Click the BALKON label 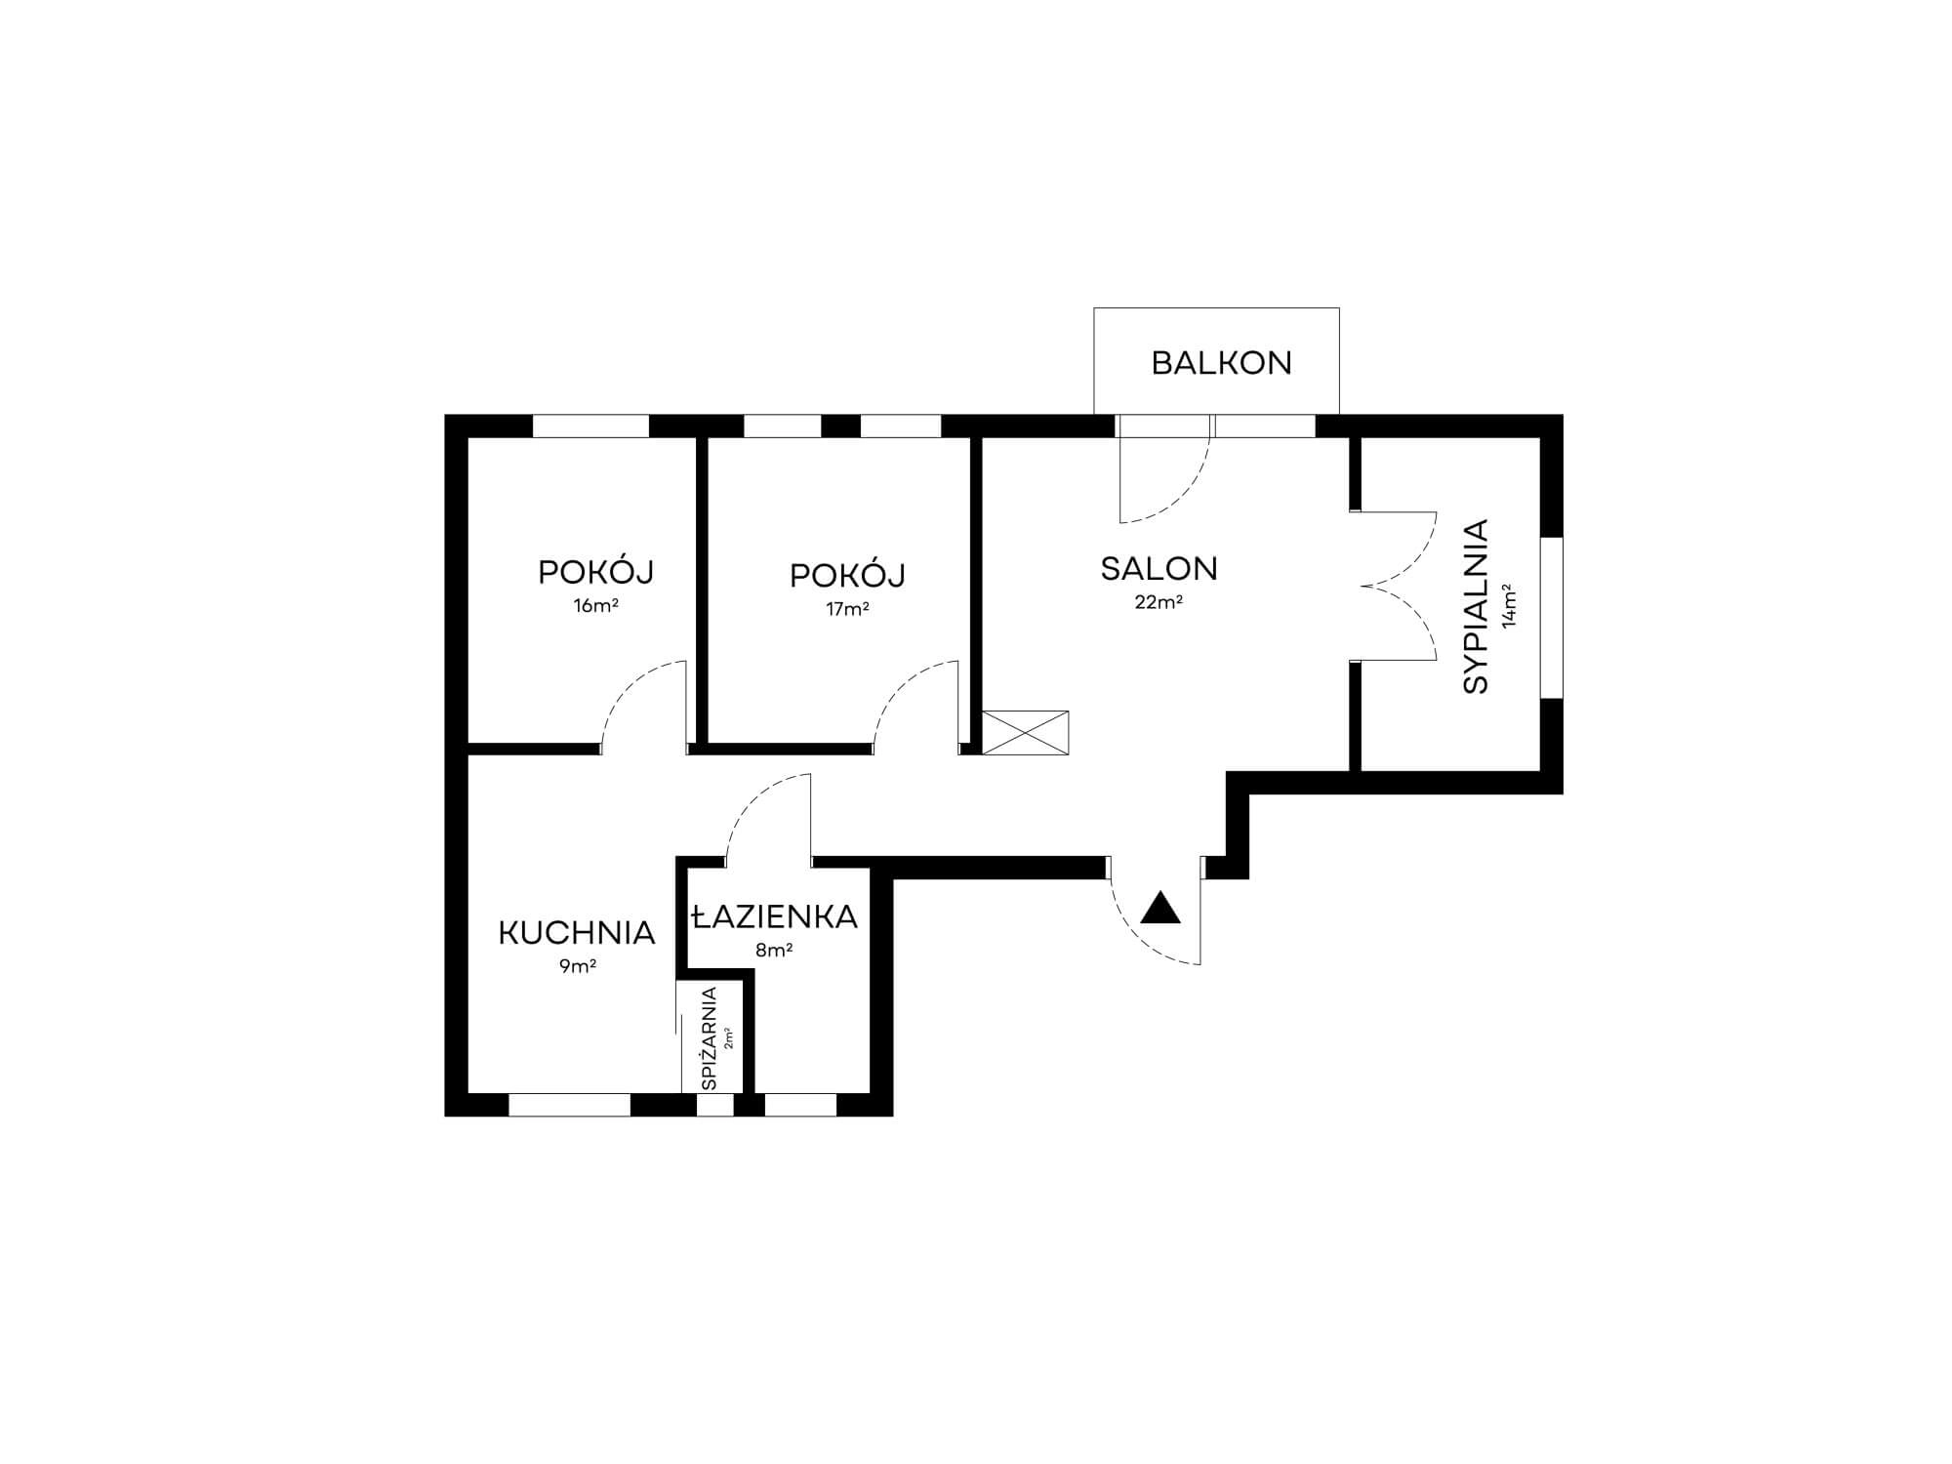point(1221,363)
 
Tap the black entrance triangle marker point(1160,909)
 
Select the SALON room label point(1159,569)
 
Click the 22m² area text point(1159,602)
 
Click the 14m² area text point(1509,606)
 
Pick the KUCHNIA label point(577,933)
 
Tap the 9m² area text point(578,966)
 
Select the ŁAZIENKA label point(774,916)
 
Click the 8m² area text point(774,950)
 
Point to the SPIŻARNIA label point(710,1038)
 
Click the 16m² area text point(595,605)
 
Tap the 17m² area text point(847,609)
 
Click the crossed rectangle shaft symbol point(1025,732)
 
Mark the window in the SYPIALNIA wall point(1552,617)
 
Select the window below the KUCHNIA point(570,1105)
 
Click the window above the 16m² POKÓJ point(590,427)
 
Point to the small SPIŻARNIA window point(714,1105)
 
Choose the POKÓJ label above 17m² point(847,576)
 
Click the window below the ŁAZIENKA point(800,1105)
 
